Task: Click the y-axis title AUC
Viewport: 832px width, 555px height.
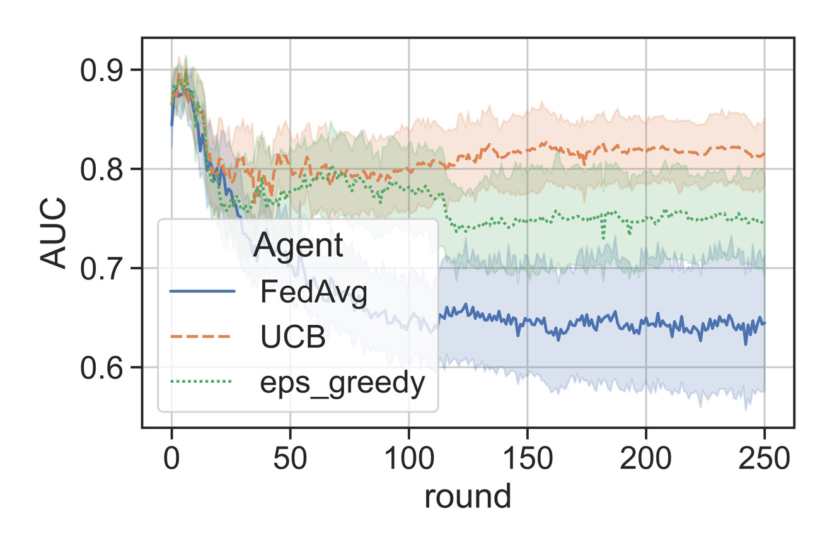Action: pos(54,233)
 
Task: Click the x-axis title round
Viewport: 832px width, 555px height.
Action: pos(467,496)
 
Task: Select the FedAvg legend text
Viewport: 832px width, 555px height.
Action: pos(313,293)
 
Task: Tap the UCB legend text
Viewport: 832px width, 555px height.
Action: pos(292,338)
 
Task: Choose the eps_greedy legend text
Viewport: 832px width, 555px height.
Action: pos(340,383)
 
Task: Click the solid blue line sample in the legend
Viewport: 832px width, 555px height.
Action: pos(202,291)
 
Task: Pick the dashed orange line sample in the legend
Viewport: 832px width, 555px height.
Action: pos(202,337)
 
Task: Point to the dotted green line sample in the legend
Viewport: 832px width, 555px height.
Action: pos(202,382)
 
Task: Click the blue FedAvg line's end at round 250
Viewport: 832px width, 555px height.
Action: pos(764,324)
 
